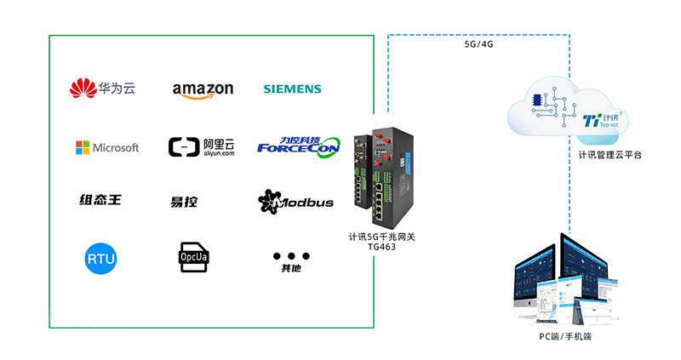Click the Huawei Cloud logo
[x=102, y=88]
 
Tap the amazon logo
[x=203, y=89]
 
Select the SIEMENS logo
[x=292, y=89]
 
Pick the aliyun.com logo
[x=201, y=147]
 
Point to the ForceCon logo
[x=298, y=147]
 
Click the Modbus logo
[x=295, y=202]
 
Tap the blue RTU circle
[x=100, y=258]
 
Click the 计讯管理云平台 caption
[x=609, y=155]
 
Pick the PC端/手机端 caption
[x=564, y=338]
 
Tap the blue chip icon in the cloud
[x=537, y=100]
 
